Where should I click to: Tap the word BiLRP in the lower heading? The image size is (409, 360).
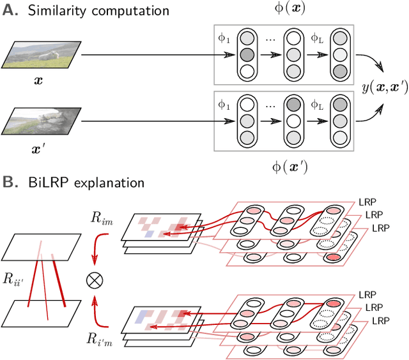(46, 183)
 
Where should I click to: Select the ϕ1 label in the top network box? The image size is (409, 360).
(225, 38)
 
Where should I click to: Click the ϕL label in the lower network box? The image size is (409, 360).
(318, 105)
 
